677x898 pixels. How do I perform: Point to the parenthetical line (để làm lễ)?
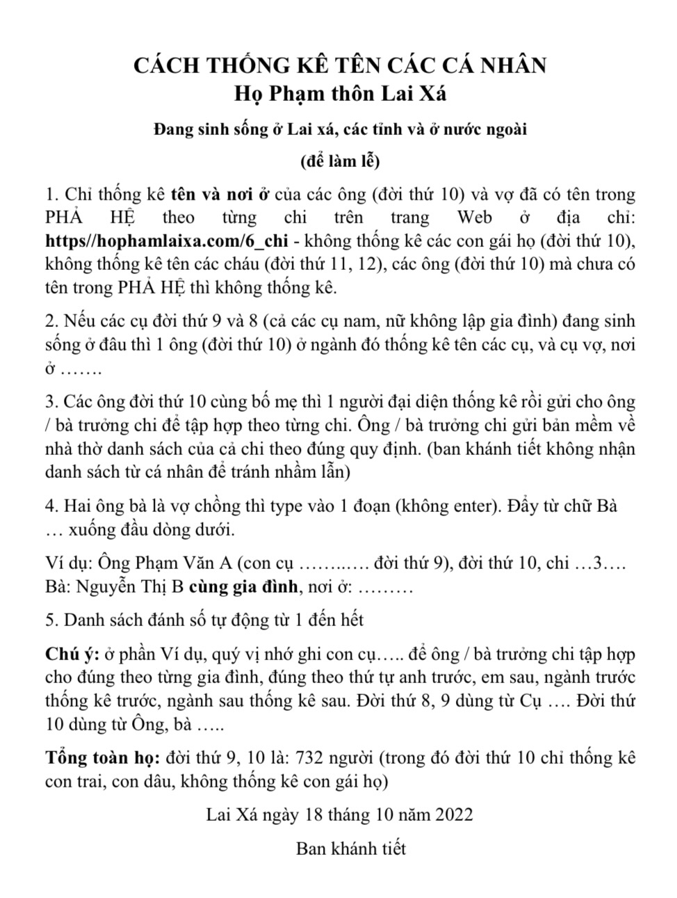coord(339,161)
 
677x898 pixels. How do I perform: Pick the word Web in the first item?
coord(475,217)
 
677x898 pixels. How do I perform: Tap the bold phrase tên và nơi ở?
coord(220,193)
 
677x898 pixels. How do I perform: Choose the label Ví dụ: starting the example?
coord(68,563)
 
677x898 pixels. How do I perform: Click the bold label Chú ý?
coord(72,655)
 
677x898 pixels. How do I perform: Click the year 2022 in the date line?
coord(454,815)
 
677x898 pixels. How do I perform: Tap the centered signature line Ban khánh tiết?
coord(351,849)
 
